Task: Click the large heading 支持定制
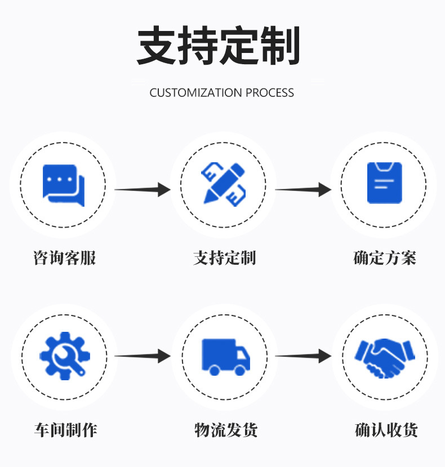[x=218, y=45]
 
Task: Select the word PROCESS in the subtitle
[x=270, y=93]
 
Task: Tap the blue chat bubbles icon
[x=63, y=184]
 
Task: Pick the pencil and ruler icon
[x=223, y=184]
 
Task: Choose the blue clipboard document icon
[x=384, y=183]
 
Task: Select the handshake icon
[x=384, y=357]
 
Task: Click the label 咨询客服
[x=64, y=259]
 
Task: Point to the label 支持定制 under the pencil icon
[x=224, y=259]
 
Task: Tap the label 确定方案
[x=385, y=259]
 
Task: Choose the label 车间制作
[x=65, y=430]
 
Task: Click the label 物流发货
[x=226, y=430]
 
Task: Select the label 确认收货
[x=386, y=430]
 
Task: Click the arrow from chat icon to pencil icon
[x=143, y=189]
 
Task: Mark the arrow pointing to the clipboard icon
[x=303, y=189]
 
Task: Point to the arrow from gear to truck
[x=143, y=355]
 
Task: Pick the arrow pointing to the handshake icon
[x=303, y=355]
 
